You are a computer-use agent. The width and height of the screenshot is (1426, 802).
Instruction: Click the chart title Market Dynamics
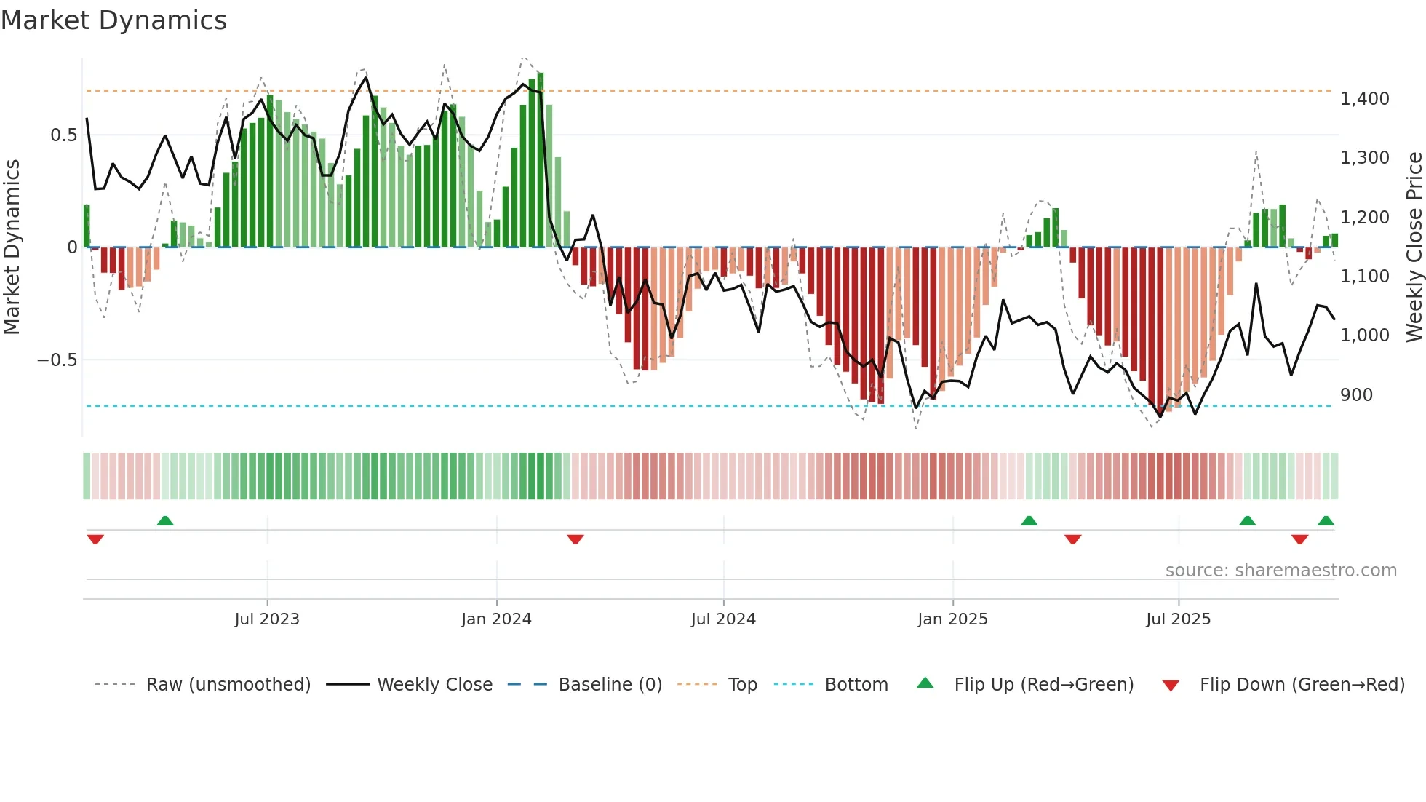114,20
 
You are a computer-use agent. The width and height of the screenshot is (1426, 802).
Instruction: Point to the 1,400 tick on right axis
1364,99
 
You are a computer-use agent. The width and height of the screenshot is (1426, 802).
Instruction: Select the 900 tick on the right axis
1356,395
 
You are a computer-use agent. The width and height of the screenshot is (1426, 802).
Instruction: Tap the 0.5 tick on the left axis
64,135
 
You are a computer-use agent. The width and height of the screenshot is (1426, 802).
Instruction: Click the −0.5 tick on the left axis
57,360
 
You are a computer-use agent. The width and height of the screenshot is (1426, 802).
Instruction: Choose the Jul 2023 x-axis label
267,619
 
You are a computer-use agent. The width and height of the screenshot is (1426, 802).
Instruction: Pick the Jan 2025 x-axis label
952,619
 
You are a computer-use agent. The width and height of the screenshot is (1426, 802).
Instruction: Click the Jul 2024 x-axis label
723,619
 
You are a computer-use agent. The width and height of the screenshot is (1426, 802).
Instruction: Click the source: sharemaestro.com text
1280,571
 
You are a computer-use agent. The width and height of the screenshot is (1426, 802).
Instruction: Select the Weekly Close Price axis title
1414,247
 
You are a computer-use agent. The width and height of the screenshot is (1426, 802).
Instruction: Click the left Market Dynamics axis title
12,247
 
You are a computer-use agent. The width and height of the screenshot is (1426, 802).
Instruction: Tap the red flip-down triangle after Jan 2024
575,539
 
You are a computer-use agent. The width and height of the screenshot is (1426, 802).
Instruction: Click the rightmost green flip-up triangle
1326,520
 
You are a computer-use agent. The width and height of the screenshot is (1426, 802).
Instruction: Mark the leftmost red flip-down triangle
95,539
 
